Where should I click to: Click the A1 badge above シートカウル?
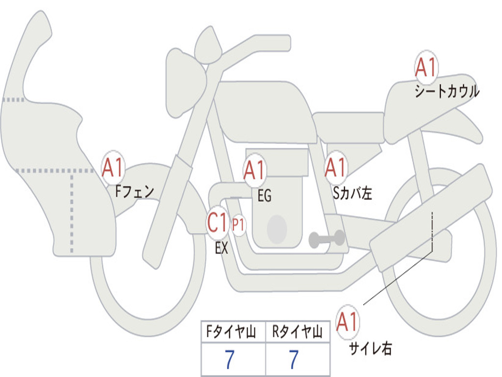tap(426, 68)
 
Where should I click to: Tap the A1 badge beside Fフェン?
tap(113, 168)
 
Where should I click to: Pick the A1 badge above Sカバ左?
tap(336, 168)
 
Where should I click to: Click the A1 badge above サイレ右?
tap(348, 322)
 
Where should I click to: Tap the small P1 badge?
tap(239, 225)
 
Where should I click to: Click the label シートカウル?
tap(447, 91)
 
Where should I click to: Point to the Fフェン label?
tap(134, 191)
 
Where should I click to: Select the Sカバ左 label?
tap(352, 193)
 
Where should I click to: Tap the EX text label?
tap(222, 248)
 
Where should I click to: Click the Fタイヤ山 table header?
tap(233, 333)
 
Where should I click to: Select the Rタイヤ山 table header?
tap(297, 333)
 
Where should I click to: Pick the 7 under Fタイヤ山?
tap(229, 360)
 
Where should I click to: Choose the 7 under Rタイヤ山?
tap(293, 360)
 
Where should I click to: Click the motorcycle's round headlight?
tap(185, 82)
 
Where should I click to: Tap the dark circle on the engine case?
tap(276, 229)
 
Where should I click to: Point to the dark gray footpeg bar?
tap(326, 239)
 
